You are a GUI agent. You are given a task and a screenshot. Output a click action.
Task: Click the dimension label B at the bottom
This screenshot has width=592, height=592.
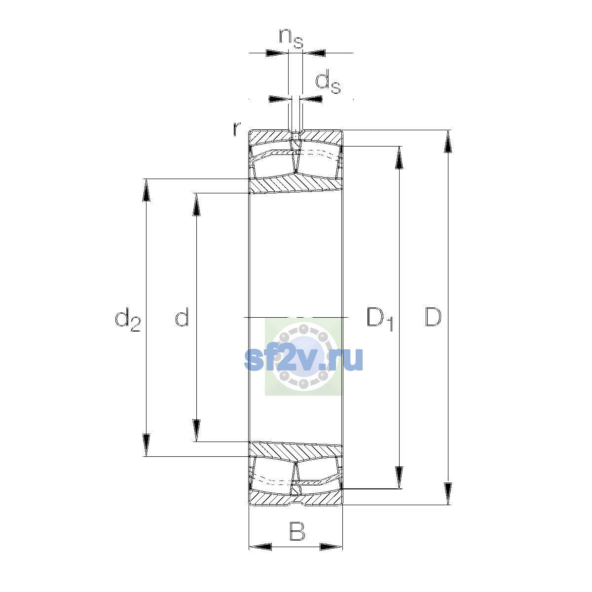click(x=297, y=531)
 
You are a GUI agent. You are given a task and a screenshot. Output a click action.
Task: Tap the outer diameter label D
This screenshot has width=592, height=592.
click(x=433, y=316)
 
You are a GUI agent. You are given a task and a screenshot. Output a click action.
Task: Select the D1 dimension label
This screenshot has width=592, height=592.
click(x=380, y=319)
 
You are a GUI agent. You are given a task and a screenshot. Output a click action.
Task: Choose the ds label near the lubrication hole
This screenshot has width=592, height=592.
click(x=328, y=82)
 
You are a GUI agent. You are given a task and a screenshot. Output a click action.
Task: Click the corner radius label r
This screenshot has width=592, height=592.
click(x=237, y=129)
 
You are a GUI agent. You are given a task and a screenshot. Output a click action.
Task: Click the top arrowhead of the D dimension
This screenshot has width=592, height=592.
click(x=448, y=141)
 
